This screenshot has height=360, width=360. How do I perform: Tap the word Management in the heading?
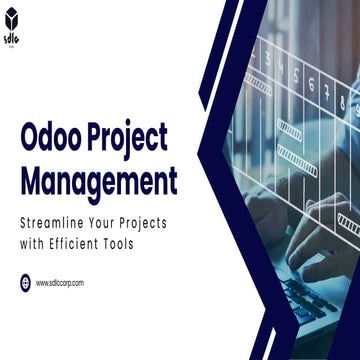98,183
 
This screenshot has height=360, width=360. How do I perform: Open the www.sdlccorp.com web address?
60,283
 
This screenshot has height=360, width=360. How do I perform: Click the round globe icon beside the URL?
24,283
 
